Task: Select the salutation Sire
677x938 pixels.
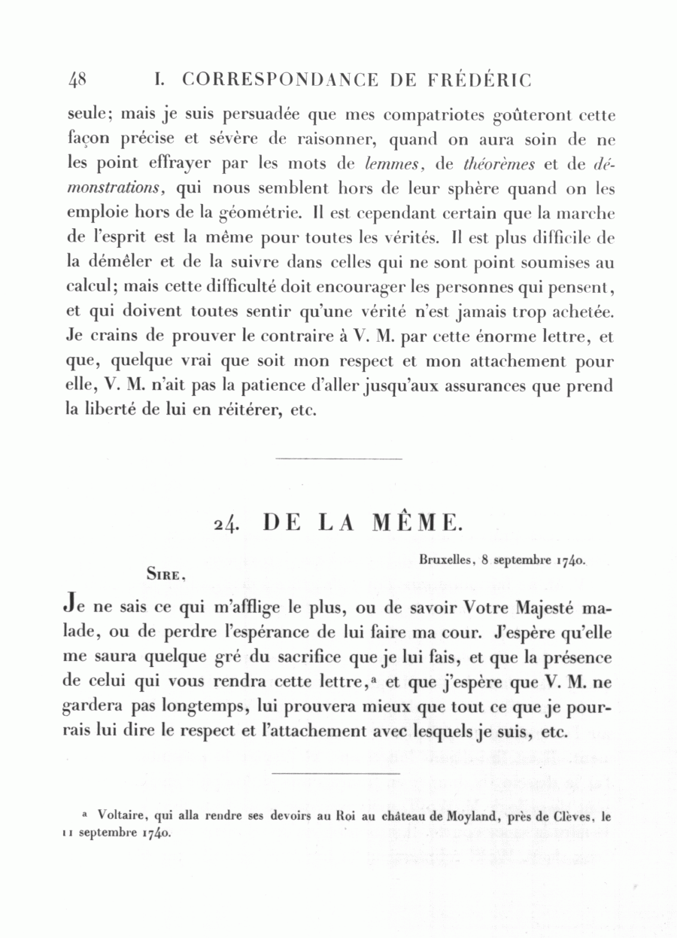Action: click(165, 575)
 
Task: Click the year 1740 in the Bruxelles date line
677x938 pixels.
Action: click(570, 562)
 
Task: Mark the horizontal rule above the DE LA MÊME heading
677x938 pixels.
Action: click(338, 458)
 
